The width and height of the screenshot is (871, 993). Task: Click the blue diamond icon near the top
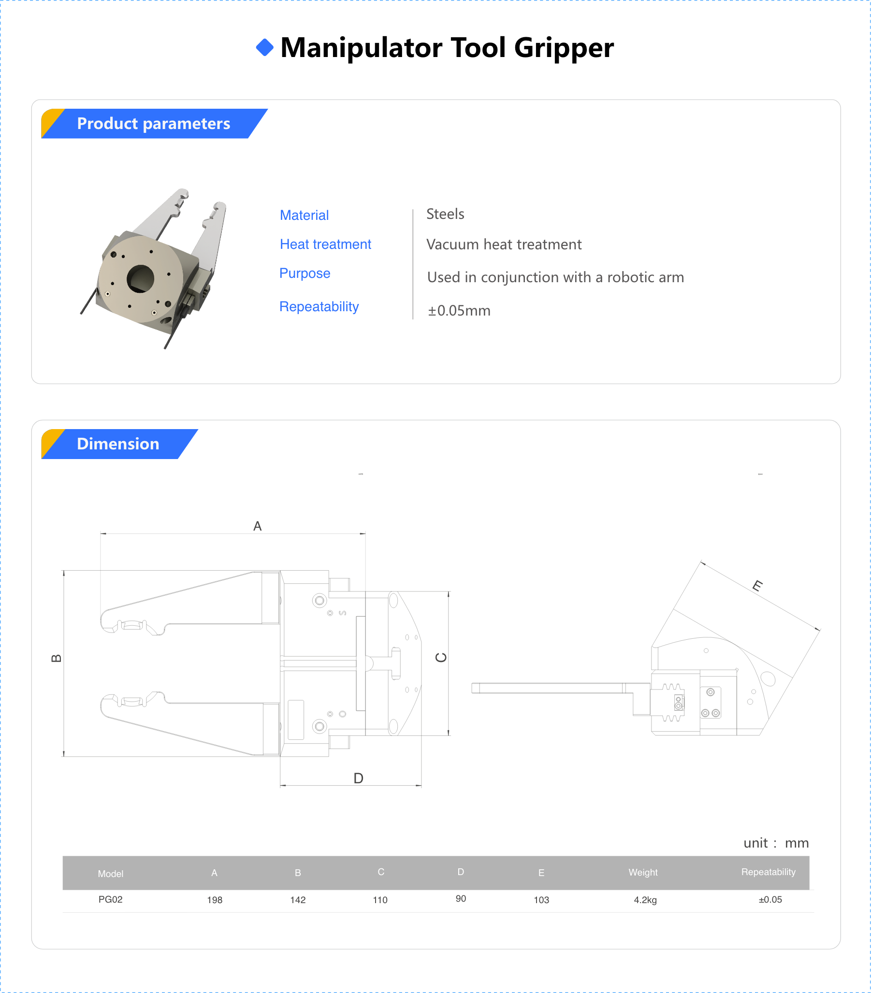click(264, 47)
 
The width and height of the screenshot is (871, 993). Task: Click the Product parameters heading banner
click(154, 123)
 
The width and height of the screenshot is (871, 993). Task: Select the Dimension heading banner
click(118, 444)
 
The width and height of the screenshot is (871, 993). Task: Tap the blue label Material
click(304, 215)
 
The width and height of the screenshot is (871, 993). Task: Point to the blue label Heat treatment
click(325, 244)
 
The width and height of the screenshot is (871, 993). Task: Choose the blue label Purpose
click(305, 273)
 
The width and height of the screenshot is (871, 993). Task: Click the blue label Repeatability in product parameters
click(319, 306)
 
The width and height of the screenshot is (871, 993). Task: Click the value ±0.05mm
click(459, 310)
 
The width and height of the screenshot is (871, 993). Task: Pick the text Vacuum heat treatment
click(504, 245)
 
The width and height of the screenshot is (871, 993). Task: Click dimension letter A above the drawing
click(258, 526)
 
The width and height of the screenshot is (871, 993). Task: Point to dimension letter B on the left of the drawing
click(57, 658)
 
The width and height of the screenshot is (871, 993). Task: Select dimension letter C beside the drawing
click(441, 657)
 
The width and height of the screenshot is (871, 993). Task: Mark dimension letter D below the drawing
click(358, 778)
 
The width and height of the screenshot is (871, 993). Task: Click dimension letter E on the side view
click(757, 585)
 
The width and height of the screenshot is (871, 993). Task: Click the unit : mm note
click(776, 843)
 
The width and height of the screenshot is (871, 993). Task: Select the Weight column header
click(642, 872)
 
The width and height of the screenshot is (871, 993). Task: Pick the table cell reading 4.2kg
click(645, 900)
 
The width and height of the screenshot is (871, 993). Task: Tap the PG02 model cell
click(110, 899)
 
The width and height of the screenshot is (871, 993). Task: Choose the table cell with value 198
click(214, 900)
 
